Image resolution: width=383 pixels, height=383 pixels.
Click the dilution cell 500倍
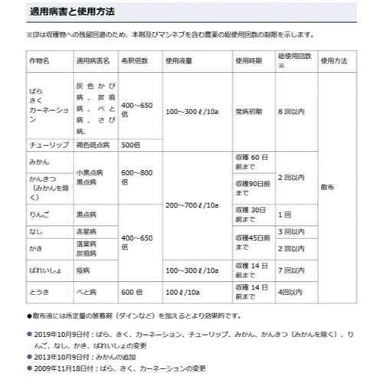tap(131, 144)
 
